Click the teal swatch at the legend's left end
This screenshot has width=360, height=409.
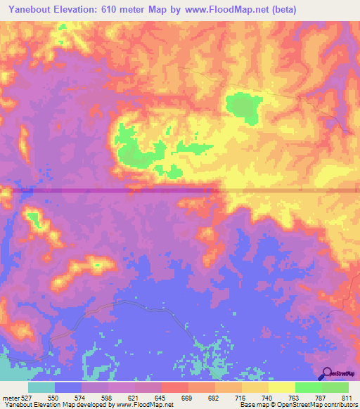[x=41, y=387]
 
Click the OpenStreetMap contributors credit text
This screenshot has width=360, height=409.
[x=330, y=405]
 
